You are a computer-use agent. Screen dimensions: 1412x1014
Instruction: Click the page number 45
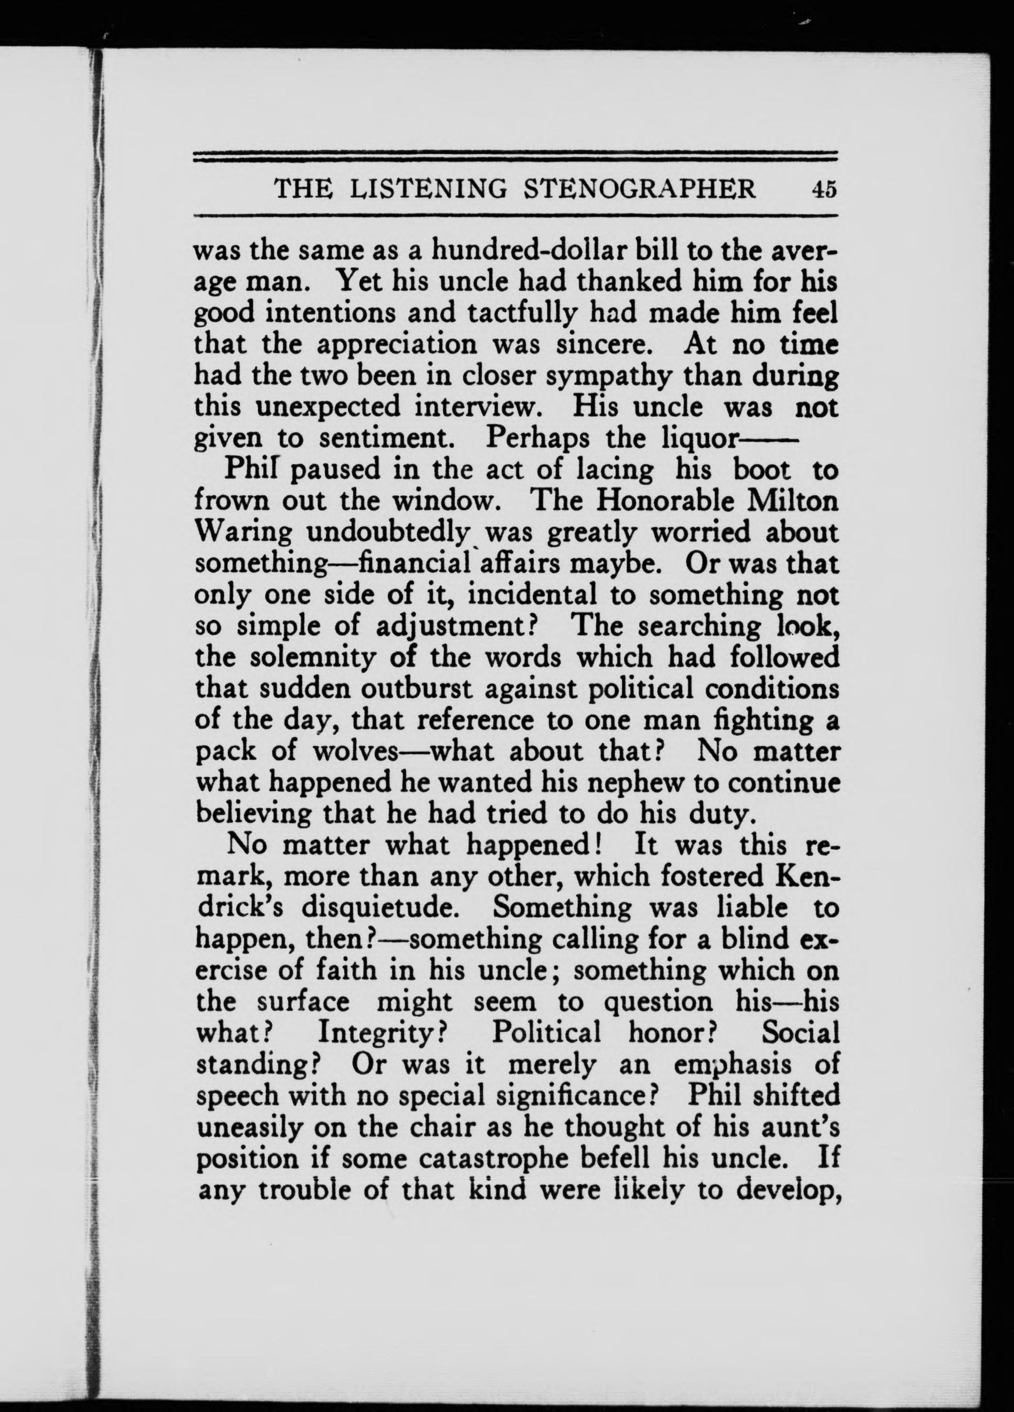[823, 188]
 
